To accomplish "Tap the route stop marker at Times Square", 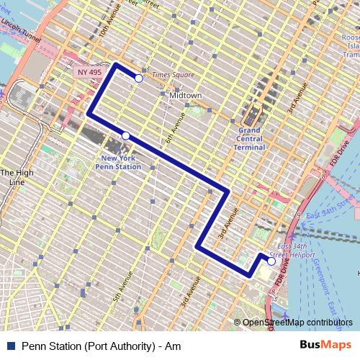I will [139, 78].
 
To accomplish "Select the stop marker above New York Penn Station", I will [125, 135].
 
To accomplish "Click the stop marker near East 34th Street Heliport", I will [271, 261].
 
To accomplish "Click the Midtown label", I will [185, 95].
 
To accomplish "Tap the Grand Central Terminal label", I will [248, 138].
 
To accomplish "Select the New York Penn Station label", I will [120, 162].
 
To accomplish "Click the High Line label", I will [16, 177].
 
